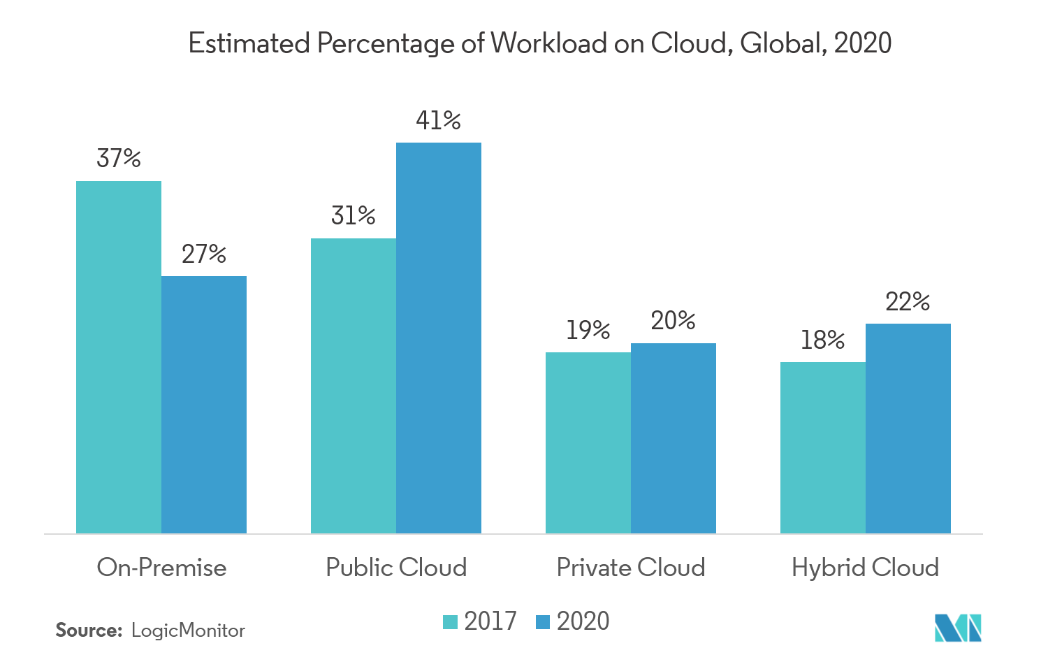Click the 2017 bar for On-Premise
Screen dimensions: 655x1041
(119, 357)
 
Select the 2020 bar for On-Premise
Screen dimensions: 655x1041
(204, 405)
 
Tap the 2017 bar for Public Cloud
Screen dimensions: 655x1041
(354, 386)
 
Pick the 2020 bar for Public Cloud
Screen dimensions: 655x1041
(439, 338)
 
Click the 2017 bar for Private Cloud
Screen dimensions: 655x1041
(588, 442)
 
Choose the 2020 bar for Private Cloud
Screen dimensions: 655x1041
(674, 438)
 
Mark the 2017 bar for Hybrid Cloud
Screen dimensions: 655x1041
(823, 447)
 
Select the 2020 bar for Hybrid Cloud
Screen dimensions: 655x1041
(908, 429)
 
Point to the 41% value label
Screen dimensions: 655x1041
(438, 121)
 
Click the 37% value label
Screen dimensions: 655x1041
(119, 159)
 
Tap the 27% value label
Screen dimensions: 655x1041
(204, 254)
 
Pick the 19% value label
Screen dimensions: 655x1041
(588, 330)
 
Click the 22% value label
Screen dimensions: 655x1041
(908, 302)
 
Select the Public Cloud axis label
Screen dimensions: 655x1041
(396, 567)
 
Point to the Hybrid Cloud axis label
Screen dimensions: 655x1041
(865, 567)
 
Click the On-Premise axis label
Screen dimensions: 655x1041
(161, 567)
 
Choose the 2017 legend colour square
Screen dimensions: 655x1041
(451, 621)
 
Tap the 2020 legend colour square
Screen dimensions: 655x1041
(543, 621)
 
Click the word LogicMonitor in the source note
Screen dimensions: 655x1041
(188, 631)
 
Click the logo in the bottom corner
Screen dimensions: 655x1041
(958, 627)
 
